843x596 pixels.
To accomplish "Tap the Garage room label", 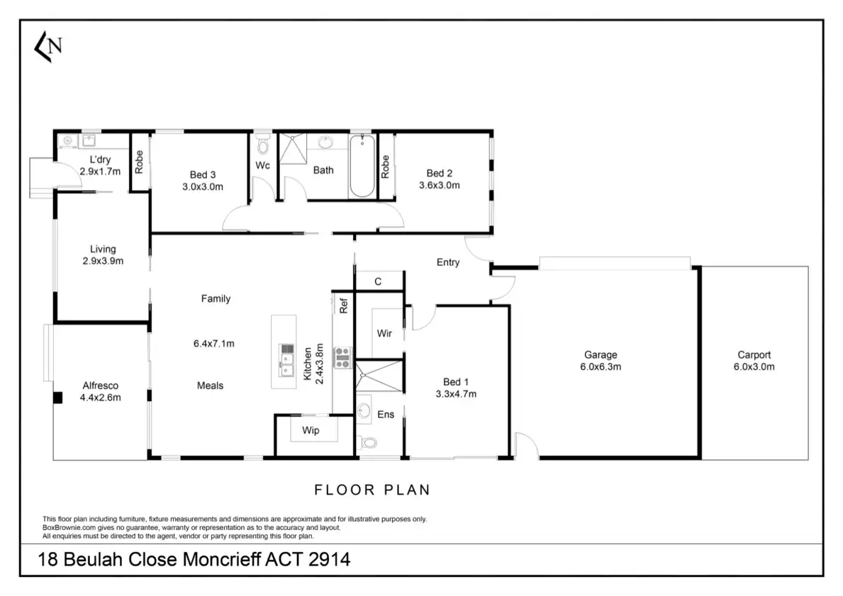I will coord(601,355).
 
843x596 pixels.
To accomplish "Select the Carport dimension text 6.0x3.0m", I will coord(754,367).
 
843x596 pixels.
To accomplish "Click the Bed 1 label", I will coord(456,382).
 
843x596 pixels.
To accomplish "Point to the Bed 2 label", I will coord(440,174).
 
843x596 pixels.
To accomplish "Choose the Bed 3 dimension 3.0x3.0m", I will coord(203,187).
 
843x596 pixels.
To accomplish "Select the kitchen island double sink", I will coord(287,361).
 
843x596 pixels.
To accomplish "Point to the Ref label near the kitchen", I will coord(344,306).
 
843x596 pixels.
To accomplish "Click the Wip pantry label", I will coord(311,430).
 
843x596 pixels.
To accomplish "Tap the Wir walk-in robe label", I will coord(385,333).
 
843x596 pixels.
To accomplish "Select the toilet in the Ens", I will coord(368,443).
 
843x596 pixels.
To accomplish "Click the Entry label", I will coord(448,263).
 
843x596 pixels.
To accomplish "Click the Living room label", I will coord(103,249).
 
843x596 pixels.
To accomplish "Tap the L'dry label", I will coord(99,159).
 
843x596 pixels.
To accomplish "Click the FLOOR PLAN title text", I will coord(372,490).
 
